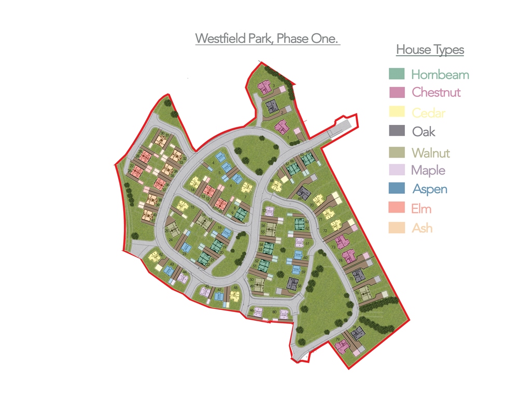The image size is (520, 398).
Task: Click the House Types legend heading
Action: click(x=430, y=50)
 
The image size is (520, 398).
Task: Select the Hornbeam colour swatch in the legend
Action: click(x=396, y=74)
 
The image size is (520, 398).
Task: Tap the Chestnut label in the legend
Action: click(x=436, y=93)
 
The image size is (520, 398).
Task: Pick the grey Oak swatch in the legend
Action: click(x=396, y=132)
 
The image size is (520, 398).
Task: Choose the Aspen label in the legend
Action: click(x=430, y=189)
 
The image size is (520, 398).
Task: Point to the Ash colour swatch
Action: click(x=396, y=228)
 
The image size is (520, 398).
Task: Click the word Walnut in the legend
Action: click(x=430, y=153)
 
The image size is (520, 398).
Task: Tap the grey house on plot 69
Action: click(x=303, y=193)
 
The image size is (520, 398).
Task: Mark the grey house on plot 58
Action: click(x=292, y=283)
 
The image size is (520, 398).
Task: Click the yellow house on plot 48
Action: click(x=235, y=296)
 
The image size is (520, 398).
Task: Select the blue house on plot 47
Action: click(x=220, y=296)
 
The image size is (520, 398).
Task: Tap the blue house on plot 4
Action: click(x=220, y=156)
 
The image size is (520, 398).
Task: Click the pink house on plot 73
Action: click(x=340, y=241)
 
